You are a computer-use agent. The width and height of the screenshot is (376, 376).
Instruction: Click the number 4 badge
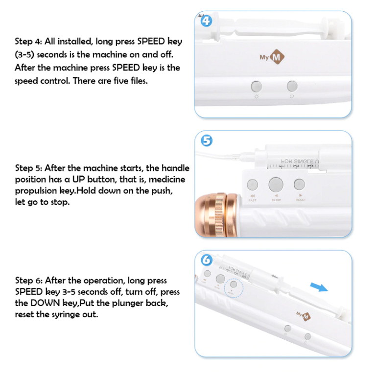(207, 21)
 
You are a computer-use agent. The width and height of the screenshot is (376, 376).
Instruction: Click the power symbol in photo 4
(292, 96)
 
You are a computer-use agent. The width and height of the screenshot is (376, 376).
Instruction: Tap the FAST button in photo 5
(253, 185)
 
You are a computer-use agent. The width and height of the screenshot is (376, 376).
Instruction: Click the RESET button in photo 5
(299, 185)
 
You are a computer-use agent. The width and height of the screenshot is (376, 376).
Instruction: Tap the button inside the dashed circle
(234, 284)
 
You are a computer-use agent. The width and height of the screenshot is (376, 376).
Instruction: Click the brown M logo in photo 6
(306, 315)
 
